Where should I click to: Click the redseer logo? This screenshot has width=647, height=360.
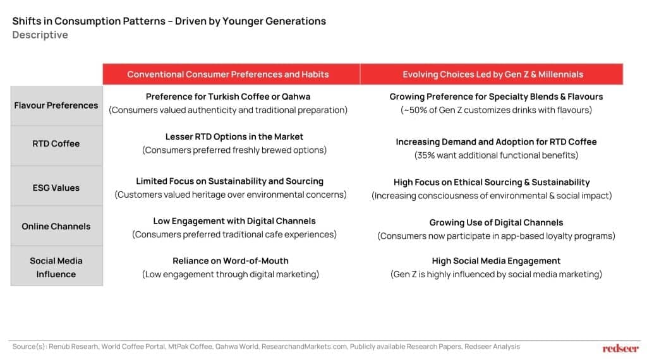(620, 349)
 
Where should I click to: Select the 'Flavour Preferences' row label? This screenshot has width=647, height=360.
(56, 105)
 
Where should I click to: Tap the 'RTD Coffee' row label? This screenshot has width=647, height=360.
(56, 143)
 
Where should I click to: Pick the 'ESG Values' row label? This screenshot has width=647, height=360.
(56, 188)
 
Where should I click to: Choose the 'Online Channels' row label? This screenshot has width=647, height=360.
(56, 226)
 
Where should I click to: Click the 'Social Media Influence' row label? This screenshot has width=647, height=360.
(56, 267)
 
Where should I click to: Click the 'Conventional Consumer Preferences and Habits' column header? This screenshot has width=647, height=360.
(227, 75)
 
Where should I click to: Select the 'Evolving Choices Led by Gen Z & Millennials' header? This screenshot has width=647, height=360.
(493, 75)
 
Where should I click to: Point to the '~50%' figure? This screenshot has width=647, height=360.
(415, 110)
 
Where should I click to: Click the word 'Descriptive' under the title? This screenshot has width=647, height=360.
(40, 35)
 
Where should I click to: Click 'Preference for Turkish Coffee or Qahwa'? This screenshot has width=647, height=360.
(227, 97)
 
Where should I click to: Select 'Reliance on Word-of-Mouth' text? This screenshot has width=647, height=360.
(231, 261)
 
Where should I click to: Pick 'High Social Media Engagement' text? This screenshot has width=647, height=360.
(496, 261)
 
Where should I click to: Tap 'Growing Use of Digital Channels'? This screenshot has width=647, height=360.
(496, 223)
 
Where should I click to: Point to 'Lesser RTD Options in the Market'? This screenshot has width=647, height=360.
(234, 136)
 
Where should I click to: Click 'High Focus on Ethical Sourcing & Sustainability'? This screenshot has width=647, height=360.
(492, 183)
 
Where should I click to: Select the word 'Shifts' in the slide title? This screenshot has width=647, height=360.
(27, 21)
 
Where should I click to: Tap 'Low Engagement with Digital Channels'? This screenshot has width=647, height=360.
(234, 221)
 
